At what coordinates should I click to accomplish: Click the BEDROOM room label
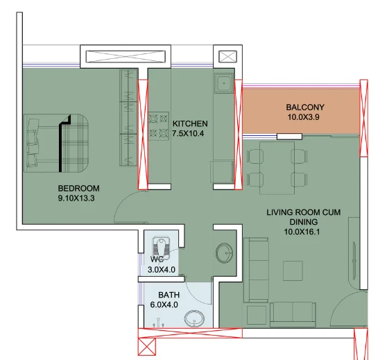(x=79, y=189)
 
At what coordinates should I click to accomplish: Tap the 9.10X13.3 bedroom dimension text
(x=76, y=198)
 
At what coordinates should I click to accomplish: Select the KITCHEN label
(x=190, y=123)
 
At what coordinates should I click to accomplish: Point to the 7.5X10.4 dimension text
(x=188, y=134)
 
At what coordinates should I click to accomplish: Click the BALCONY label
(x=305, y=107)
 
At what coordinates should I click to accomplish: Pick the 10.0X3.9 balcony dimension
(x=304, y=117)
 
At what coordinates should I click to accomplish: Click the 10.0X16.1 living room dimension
(x=302, y=232)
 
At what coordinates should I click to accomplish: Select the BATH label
(x=169, y=295)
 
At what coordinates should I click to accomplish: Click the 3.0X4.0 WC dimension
(x=162, y=269)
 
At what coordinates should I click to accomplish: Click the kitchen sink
(x=224, y=83)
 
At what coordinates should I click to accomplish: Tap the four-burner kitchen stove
(x=159, y=126)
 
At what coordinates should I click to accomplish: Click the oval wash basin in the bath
(x=194, y=318)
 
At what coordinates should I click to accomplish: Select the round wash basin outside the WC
(x=225, y=253)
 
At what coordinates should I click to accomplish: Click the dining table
(x=277, y=168)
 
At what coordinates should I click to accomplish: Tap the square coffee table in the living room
(x=293, y=271)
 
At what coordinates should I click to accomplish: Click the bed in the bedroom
(x=56, y=143)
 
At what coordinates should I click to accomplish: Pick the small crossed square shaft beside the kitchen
(x=227, y=57)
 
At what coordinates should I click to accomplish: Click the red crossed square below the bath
(x=147, y=347)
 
